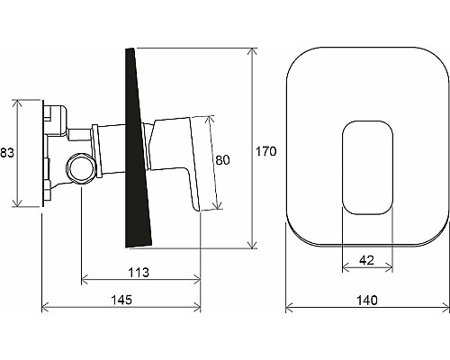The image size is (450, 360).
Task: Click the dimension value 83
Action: (x=7, y=153)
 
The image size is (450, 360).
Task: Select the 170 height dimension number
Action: (x=265, y=151)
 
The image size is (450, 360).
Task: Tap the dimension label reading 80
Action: (x=222, y=160)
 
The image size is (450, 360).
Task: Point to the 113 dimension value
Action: (x=139, y=273)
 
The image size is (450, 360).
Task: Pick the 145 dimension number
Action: (x=121, y=300)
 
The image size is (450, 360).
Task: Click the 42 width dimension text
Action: (x=366, y=260)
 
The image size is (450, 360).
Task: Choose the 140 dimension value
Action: (x=367, y=300)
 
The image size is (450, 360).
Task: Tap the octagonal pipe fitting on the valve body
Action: (x=81, y=168)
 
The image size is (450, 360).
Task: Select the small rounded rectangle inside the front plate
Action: (x=367, y=167)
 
